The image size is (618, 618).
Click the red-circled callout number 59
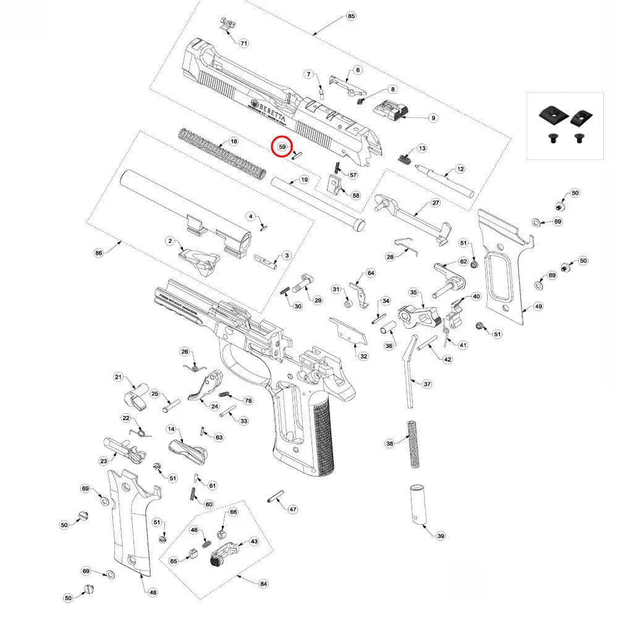282,147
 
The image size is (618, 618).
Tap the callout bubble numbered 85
352,15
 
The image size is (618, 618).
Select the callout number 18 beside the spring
234,142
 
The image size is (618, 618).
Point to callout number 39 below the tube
440,536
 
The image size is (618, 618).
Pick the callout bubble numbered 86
98,253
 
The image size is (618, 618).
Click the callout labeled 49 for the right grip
539,307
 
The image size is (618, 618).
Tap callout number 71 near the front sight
243,43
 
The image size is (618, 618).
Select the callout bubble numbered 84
264,583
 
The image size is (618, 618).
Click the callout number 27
436,203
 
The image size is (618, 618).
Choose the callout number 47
293,510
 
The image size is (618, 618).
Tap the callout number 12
460,168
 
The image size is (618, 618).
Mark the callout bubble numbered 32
363,356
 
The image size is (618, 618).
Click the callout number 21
119,378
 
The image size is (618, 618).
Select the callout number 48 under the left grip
153,592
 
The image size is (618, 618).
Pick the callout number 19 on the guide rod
303,180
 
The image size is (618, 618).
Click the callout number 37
427,384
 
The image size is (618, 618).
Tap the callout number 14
171,429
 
